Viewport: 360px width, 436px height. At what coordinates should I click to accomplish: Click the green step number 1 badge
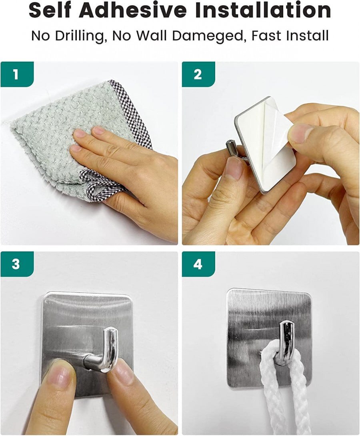16,74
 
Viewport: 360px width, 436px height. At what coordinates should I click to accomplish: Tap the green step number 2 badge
198,74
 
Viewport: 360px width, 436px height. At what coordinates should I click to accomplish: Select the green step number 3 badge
16,264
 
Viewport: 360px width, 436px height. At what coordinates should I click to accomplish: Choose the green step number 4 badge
198,264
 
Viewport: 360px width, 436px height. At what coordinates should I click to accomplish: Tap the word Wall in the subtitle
150,36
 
